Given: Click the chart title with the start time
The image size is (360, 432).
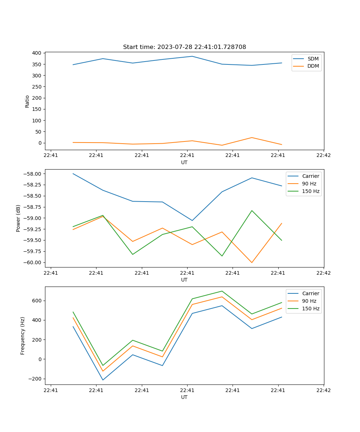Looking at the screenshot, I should coord(184,47).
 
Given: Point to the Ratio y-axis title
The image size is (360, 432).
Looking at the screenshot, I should coord(27,101).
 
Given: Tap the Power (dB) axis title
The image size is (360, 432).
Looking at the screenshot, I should coord(18,218).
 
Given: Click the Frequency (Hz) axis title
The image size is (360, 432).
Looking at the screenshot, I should coord(23,336).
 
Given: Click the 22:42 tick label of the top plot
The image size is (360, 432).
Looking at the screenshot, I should coord(323,155).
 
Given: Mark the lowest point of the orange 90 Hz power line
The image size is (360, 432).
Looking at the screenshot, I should coord(252,262).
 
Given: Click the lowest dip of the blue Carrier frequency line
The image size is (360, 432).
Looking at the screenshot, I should coord(103,380).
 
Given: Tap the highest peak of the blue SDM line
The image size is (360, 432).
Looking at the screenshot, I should coord(192,56).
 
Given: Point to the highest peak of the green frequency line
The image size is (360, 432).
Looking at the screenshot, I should coord(222,291).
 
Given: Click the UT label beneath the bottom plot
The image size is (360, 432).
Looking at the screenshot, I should coord(184,397).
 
